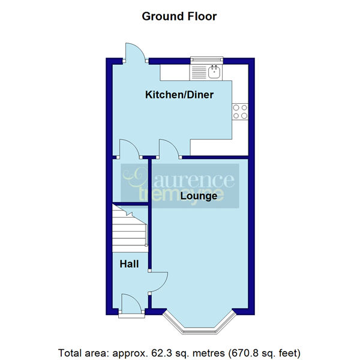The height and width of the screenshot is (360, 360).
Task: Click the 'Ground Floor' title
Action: pyautogui.click(x=179, y=16)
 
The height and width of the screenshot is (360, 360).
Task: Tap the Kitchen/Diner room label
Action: pyautogui.click(x=179, y=95)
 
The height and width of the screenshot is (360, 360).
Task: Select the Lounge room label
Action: pyautogui.click(x=199, y=196)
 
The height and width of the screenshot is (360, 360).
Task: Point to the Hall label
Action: pyautogui.click(x=128, y=264)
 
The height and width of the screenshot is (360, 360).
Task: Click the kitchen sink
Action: pyautogui.click(x=214, y=73)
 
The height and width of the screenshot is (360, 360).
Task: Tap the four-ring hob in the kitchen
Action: pyautogui.click(x=241, y=111)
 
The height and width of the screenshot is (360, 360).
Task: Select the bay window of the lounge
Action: pyautogui.click(x=199, y=323)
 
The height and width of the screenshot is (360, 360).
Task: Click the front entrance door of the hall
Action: pyautogui.click(x=130, y=304)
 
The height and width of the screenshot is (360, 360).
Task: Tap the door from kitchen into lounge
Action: pyautogui.click(x=169, y=149)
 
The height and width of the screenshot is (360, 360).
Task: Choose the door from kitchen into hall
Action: pyautogui.click(x=130, y=149)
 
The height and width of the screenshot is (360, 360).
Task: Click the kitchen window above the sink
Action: pyautogui.click(x=206, y=59)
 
